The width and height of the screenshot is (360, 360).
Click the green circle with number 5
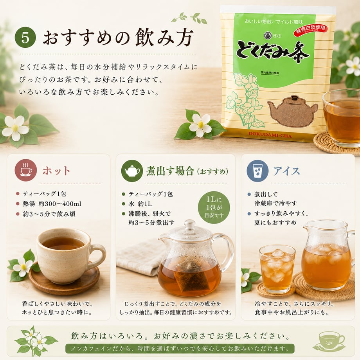[x=25, y=38]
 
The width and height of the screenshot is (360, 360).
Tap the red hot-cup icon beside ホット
[x=26, y=170]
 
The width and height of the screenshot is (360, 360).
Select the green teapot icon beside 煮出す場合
[x=132, y=171]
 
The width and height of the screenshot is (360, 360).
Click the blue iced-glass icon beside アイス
[x=257, y=171]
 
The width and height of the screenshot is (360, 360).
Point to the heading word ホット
[x=56, y=171]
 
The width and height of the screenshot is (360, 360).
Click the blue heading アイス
[x=286, y=171]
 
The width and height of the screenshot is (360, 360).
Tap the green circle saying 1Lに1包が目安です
[x=214, y=207]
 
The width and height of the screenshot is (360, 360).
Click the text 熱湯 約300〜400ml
[x=52, y=203]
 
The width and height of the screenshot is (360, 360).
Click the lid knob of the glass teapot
[x=190, y=224]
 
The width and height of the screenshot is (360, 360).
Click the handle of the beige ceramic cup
[x=98, y=256]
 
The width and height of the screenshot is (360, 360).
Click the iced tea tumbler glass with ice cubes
[x=277, y=268]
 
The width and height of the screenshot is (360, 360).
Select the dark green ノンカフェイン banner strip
[x=180, y=349]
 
